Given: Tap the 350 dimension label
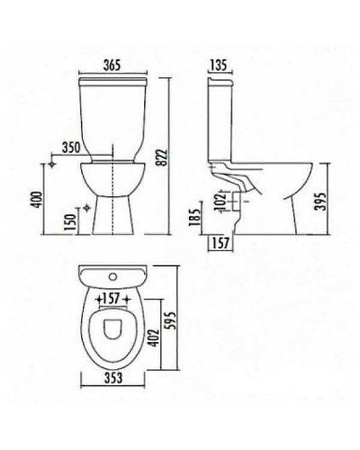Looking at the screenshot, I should tap(72, 148).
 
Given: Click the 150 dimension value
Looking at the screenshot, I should tap(70, 220).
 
